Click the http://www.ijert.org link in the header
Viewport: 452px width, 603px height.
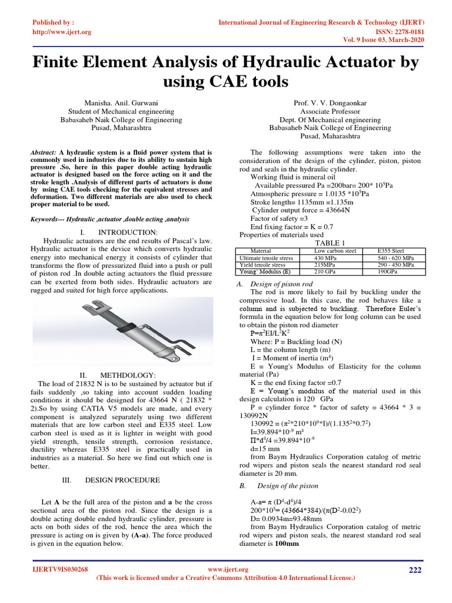(x=61, y=32)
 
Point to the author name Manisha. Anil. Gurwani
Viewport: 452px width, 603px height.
(x=121, y=103)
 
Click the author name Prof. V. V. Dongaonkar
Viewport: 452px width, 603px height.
(x=330, y=103)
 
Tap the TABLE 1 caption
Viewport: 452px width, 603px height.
(x=330, y=243)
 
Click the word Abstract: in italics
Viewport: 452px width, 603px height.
(x=43, y=152)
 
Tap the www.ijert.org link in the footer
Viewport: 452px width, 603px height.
(x=229, y=569)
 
